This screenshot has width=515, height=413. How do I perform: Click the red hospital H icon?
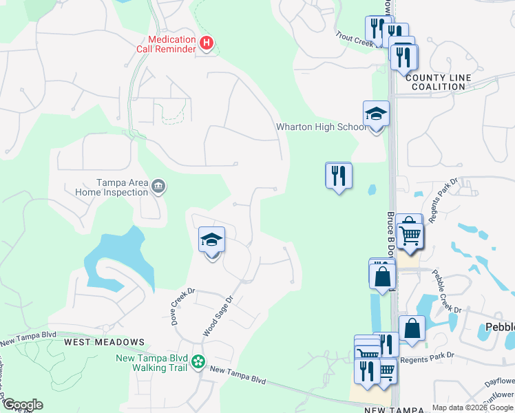pos(205,44)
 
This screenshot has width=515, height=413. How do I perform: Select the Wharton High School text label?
pos(321,127)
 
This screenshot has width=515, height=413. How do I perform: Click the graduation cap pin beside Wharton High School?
pos(376,114)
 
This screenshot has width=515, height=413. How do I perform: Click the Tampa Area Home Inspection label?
pos(112,187)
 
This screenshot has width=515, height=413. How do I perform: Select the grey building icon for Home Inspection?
pos(158,187)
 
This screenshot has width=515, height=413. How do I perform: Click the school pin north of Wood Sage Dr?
pos(212,241)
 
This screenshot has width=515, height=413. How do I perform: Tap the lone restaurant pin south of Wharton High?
pos(338,176)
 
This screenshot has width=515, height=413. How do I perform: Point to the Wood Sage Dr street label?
pos(219,317)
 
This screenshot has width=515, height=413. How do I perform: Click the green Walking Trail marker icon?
pos(198,361)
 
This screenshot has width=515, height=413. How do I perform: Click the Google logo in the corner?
pos(23,405)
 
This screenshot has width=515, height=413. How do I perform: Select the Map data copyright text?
pos(472,407)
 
